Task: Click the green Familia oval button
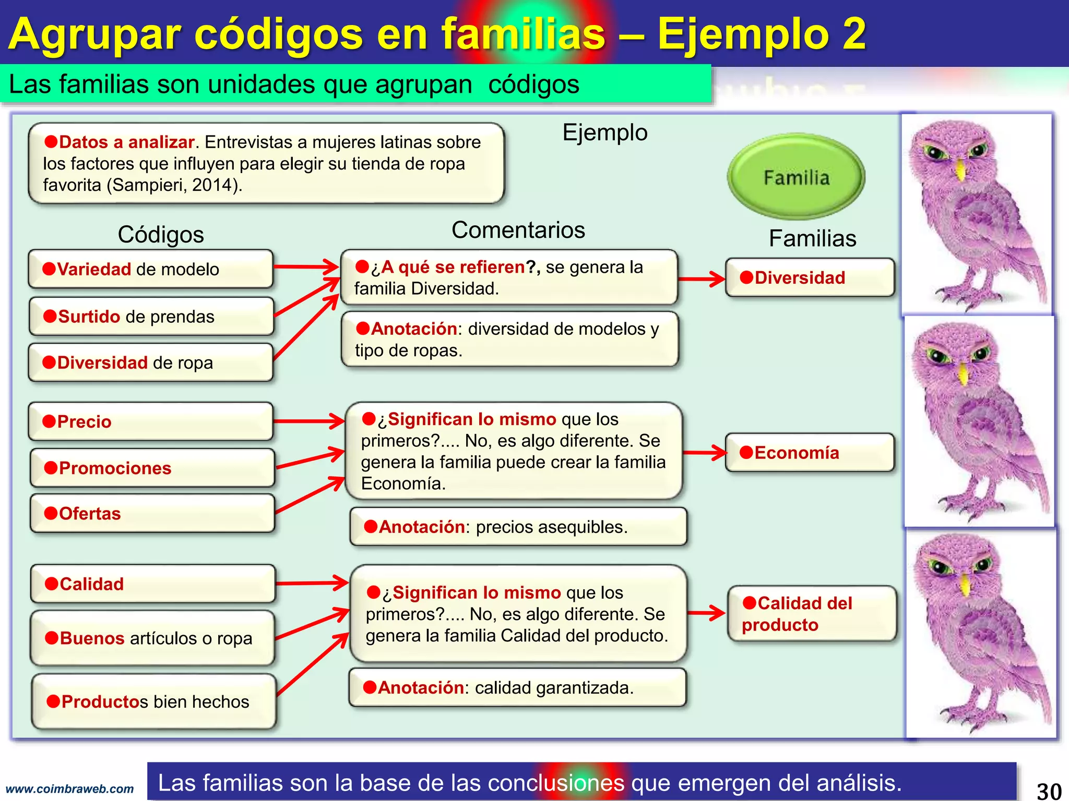click(x=796, y=177)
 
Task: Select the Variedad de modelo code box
click(x=151, y=269)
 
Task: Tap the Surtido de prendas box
click(x=151, y=317)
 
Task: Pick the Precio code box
click(x=151, y=421)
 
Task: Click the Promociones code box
click(x=152, y=468)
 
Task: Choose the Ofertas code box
click(x=152, y=514)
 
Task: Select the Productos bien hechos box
click(x=153, y=701)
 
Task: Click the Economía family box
click(x=810, y=453)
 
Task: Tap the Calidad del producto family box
click(x=812, y=614)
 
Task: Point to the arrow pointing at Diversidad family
click(x=702, y=279)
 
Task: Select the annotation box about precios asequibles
click(x=518, y=527)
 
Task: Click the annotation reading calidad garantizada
click(x=517, y=687)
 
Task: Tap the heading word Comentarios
click(x=518, y=230)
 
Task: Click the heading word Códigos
click(x=161, y=234)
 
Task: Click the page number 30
click(x=1049, y=791)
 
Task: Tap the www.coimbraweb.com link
click(x=69, y=789)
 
